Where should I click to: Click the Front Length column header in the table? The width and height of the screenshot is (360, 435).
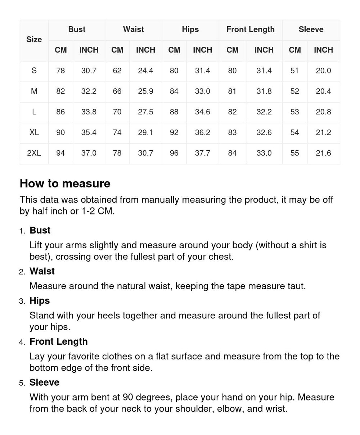pyautogui.click(x=250, y=30)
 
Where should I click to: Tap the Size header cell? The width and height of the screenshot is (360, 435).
pyautogui.click(x=34, y=40)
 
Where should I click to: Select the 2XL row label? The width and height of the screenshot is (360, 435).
pyautogui.click(x=34, y=153)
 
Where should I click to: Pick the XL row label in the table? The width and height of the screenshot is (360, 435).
pyautogui.click(x=34, y=132)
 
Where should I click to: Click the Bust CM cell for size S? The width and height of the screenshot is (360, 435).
pyautogui.click(x=60, y=71)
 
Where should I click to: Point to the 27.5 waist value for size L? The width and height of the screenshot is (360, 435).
pyautogui.click(x=145, y=112)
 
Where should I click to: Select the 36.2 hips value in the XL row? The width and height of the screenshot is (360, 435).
pyautogui.click(x=202, y=132)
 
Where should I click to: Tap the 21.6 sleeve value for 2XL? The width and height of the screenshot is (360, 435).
pyautogui.click(x=323, y=153)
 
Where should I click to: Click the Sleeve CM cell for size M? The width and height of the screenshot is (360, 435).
pyautogui.click(x=294, y=91)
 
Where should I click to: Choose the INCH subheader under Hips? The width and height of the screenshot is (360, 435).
pyautogui.click(x=202, y=50)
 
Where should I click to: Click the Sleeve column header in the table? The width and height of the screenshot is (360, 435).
pyautogui.click(x=311, y=30)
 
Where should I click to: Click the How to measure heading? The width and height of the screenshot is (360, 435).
pyautogui.click(x=65, y=183)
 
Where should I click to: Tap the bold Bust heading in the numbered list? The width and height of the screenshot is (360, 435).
pyautogui.click(x=40, y=230)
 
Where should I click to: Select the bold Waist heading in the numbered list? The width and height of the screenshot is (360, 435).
pyautogui.click(x=42, y=271)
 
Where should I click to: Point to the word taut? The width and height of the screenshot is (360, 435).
pyautogui.click(x=296, y=286)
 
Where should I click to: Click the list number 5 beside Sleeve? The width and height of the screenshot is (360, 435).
pyautogui.click(x=22, y=383)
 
